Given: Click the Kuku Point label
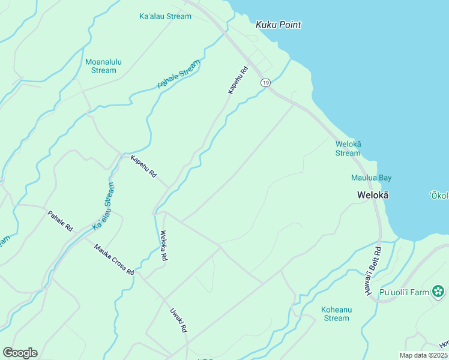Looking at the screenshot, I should point(278,25).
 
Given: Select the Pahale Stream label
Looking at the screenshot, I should point(179,75).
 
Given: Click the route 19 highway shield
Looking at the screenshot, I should point(265,82).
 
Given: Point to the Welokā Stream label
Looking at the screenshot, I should point(348,148).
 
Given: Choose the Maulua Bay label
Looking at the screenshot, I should point(371,178).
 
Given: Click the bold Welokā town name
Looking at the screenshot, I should point(373,195).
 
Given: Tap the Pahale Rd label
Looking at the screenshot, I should point(60,221).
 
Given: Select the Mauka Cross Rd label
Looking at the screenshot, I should point(113,259).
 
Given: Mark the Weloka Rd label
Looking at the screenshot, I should point(163,245).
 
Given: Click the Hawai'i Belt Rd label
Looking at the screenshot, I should point(372,270).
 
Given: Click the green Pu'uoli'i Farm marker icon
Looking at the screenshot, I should point(439,292).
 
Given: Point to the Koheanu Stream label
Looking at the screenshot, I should point(336,314).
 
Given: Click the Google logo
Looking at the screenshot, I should point(20,353).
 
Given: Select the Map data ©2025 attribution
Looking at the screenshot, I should point(423,355).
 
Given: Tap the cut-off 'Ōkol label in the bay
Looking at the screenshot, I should point(439,196).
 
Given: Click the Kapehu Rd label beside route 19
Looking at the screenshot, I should point(238,80).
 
